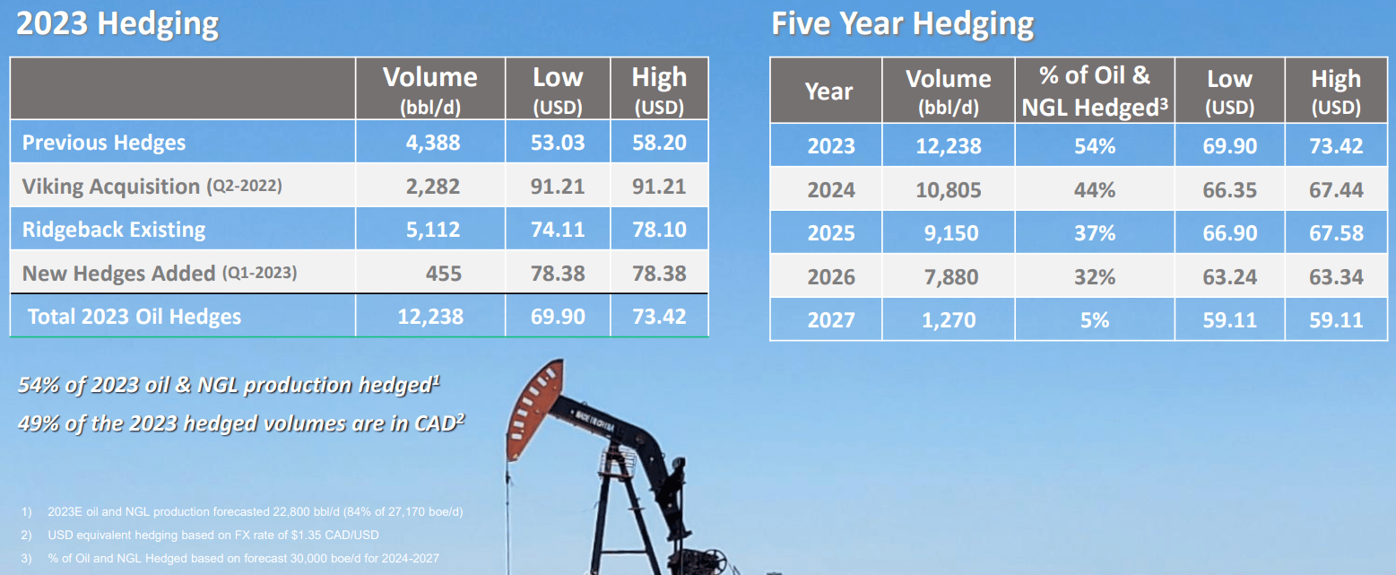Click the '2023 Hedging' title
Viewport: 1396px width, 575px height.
point(117,24)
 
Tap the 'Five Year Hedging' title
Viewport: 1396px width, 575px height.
point(902,24)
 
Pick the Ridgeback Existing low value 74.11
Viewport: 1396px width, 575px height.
point(558,230)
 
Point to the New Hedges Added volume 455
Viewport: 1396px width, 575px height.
point(443,273)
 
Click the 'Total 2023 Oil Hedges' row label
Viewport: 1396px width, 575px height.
point(134,316)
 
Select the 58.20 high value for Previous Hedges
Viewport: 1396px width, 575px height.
point(659,144)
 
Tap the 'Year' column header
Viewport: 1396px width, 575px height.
point(828,91)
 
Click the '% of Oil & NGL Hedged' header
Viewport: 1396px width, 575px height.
point(1094,91)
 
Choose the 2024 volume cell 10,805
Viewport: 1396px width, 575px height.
point(949,190)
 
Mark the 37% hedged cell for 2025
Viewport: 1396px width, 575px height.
point(1095,233)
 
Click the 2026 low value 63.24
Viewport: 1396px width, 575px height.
point(1230,276)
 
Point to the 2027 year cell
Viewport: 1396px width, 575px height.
point(830,319)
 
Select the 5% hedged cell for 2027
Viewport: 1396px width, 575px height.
point(1095,319)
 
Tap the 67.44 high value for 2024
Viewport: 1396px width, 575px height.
point(1336,190)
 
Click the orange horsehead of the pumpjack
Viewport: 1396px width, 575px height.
point(529,408)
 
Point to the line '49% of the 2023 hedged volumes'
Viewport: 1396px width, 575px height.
point(240,423)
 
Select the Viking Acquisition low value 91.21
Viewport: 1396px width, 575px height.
point(558,187)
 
